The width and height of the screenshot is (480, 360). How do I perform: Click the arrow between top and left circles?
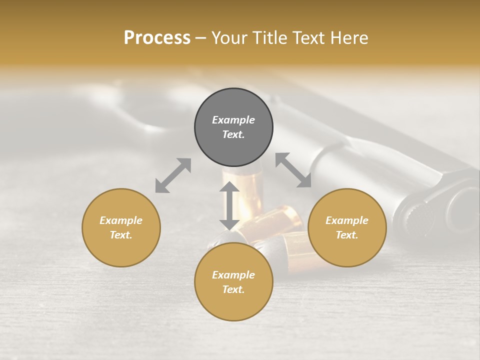(x=173, y=175)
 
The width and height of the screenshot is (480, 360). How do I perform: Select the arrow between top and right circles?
(x=293, y=170)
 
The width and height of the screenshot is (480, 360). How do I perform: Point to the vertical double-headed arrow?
(x=229, y=205)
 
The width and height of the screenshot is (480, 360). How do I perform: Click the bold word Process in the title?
(x=157, y=37)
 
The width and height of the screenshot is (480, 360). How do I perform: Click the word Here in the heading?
(x=349, y=37)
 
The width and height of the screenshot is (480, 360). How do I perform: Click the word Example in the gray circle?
(x=233, y=120)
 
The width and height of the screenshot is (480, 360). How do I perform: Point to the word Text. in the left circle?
(x=121, y=235)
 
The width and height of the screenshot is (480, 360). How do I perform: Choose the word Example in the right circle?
(x=347, y=220)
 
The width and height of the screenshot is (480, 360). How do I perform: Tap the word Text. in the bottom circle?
(x=233, y=289)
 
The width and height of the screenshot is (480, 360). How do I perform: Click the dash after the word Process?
(x=200, y=38)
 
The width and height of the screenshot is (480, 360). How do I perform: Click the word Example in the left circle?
(x=121, y=220)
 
